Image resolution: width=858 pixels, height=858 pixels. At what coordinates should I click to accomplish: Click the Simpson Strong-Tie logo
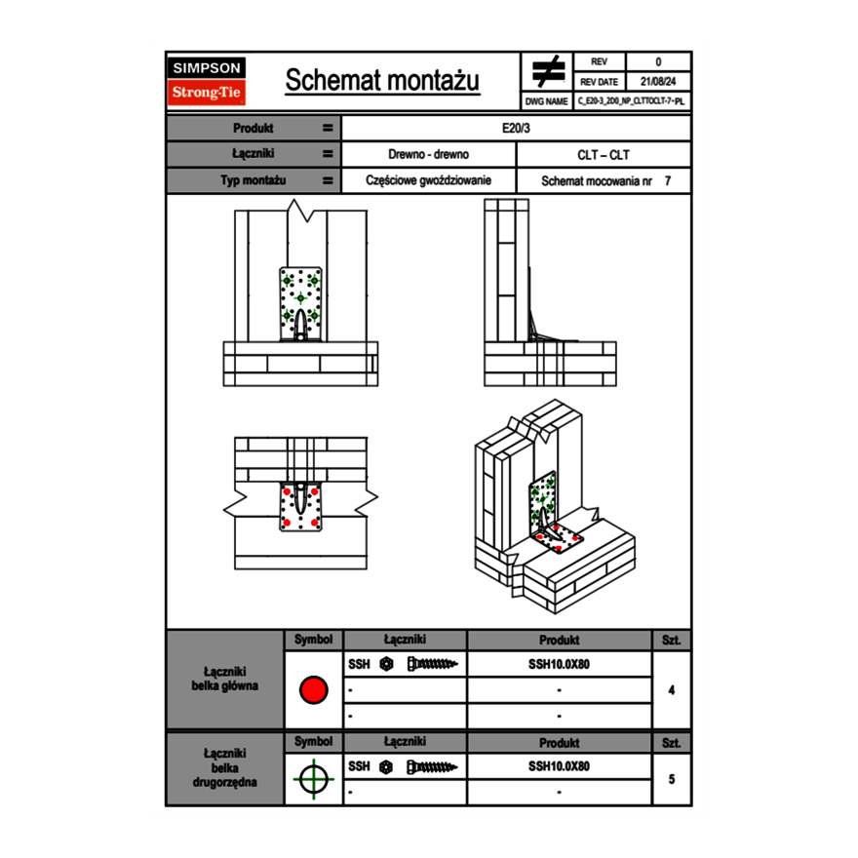click(208, 81)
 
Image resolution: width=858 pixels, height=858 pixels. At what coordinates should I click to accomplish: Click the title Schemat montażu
click(382, 80)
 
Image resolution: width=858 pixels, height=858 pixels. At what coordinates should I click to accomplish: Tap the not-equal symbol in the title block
click(548, 71)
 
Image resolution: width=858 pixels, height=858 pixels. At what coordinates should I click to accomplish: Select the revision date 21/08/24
click(658, 82)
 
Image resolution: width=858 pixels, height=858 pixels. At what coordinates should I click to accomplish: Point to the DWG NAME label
click(546, 100)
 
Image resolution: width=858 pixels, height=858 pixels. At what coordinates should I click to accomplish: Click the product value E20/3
click(516, 128)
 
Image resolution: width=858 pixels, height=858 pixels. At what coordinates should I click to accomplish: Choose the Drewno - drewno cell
click(428, 154)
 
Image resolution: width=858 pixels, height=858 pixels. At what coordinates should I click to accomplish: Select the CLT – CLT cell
click(604, 154)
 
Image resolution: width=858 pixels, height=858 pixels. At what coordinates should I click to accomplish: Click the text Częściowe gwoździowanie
click(428, 180)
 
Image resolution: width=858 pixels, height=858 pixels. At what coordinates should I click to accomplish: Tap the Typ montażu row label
click(253, 180)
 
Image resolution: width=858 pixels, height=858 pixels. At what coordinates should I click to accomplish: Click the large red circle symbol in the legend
click(312, 690)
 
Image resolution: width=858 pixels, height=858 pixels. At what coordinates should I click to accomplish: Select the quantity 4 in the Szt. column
click(671, 690)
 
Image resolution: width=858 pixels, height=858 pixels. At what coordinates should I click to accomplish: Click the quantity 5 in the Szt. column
click(671, 779)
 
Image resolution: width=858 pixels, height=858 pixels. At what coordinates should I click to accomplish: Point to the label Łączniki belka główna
click(225, 679)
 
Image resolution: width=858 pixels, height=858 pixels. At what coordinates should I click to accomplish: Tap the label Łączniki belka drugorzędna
click(225, 767)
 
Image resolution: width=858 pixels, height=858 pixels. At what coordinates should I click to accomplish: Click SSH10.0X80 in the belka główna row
click(559, 664)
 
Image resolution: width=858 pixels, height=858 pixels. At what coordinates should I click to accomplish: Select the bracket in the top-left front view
click(300, 303)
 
